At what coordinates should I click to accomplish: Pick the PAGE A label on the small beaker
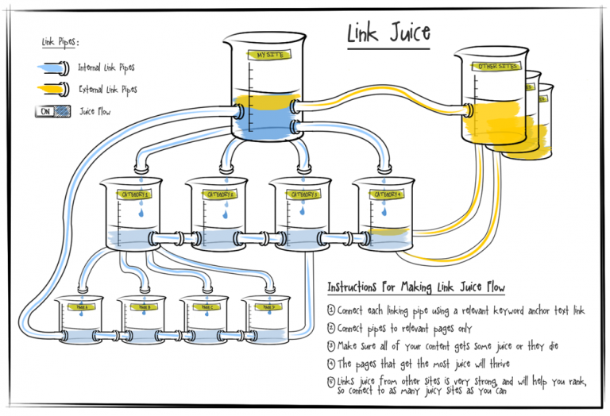(79, 306)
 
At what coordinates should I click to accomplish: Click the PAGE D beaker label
(265, 306)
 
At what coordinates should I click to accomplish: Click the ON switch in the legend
(46, 112)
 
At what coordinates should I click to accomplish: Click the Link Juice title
(388, 33)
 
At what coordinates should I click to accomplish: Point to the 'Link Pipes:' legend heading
(60, 42)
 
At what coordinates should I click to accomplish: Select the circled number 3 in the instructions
(331, 345)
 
